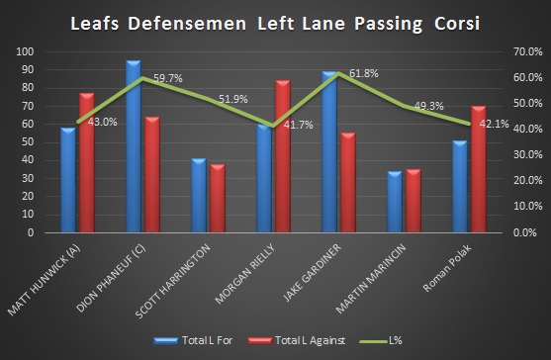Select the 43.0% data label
point(104,122)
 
